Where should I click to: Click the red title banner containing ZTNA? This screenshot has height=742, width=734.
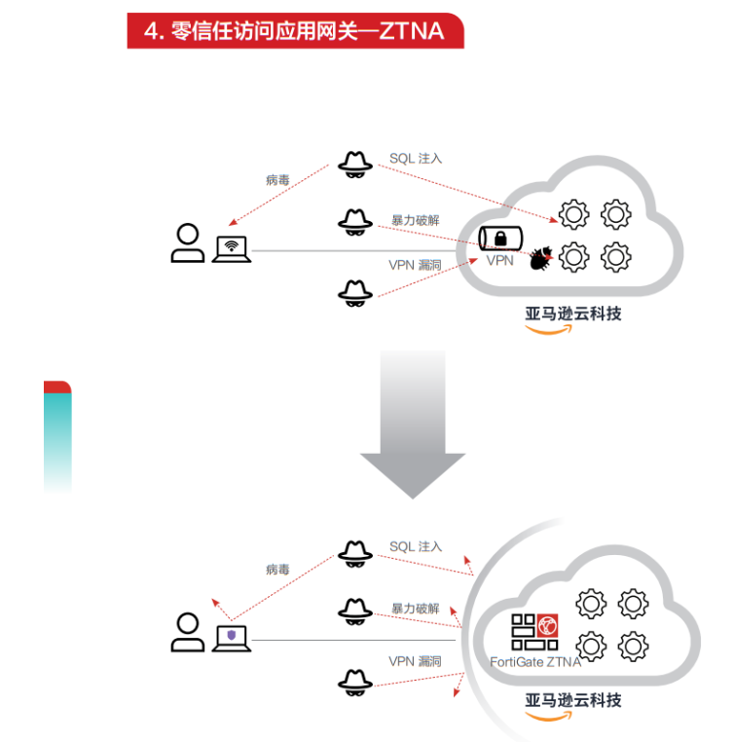(295, 30)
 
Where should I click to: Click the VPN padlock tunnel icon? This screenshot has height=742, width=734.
(499, 239)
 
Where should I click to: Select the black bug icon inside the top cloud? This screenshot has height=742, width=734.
(540, 258)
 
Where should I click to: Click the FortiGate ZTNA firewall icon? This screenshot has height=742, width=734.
(534, 632)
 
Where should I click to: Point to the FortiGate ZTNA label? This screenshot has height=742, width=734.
(535, 662)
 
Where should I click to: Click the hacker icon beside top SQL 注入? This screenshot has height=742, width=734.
(355, 163)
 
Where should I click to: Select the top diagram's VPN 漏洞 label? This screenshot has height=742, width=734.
(415, 265)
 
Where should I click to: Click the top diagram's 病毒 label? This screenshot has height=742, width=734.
(277, 180)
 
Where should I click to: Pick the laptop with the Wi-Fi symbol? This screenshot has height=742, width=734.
(232, 248)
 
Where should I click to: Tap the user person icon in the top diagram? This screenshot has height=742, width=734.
(187, 243)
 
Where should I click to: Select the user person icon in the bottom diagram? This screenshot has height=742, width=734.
(187, 633)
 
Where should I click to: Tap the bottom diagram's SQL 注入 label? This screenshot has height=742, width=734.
(416, 547)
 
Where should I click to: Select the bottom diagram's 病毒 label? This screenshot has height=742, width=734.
(277, 570)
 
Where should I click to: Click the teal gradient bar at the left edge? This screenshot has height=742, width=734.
(57, 438)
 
